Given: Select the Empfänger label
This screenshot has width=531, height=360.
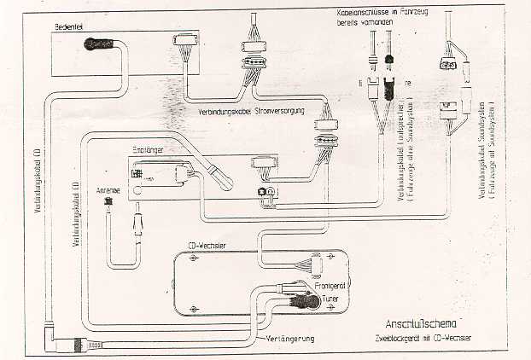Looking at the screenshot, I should pos(146,149).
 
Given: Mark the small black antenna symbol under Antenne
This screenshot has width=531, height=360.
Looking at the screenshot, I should pos(108,204).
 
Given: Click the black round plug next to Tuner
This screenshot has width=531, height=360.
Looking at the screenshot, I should pos(300,299).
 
